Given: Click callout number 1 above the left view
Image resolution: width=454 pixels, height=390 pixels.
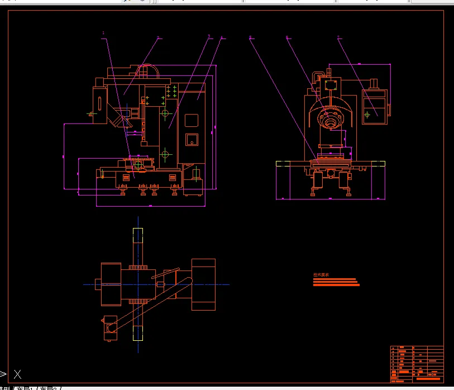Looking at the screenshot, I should pyautogui.click(x=103, y=33).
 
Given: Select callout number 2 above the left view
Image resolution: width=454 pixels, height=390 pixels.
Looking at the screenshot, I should pyautogui.click(x=158, y=38).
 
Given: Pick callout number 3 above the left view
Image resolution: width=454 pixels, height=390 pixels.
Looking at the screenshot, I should pyautogui.click(x=209, y=36).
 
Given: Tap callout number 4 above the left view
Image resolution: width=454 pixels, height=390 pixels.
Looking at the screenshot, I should pyautogui.click(x=222, y=38).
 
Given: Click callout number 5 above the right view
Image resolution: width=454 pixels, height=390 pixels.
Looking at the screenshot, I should pyautogui.click(x=250, y=38).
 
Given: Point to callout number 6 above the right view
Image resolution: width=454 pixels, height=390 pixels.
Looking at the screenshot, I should pyautogui.click(x=287, y=38).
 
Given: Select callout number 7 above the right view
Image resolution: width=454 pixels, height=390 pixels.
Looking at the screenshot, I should pyautogui.click(x=338, y=38).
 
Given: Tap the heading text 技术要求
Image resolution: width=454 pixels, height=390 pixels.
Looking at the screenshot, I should pyautogui.click(x=321, y=274).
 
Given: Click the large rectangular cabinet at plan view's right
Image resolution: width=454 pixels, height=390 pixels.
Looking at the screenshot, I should pyautogui.click(x=203, y=284).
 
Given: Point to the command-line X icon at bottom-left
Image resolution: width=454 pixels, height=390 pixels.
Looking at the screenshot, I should pyautogui.click(x=18, y=374).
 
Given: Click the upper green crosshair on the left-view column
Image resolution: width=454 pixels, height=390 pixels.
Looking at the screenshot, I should pyautogui.click(x=165, y=113).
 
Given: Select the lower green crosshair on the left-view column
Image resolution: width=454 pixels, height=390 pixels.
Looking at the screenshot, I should pyautogui.click(x=165, y=153).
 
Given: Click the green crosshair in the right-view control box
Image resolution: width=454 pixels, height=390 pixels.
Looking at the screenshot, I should pyautogui.click(x=367, y=115).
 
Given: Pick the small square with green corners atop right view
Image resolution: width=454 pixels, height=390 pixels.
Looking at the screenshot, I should pyautogui.click(x=329, y=85).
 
